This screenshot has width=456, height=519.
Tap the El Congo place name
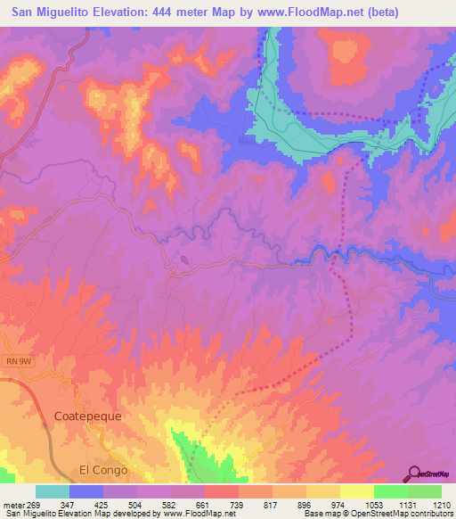(x=103, y=470)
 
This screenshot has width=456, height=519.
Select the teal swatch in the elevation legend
(x=53, y=491)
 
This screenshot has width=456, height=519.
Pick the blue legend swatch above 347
(x=86, y=491)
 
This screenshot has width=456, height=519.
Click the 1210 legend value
(x=442, y=504)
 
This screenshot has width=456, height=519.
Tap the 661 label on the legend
(x=204, y=504)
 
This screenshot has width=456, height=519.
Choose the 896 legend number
(x=305, y=504)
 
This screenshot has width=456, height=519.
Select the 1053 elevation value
(x=373, y=504)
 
